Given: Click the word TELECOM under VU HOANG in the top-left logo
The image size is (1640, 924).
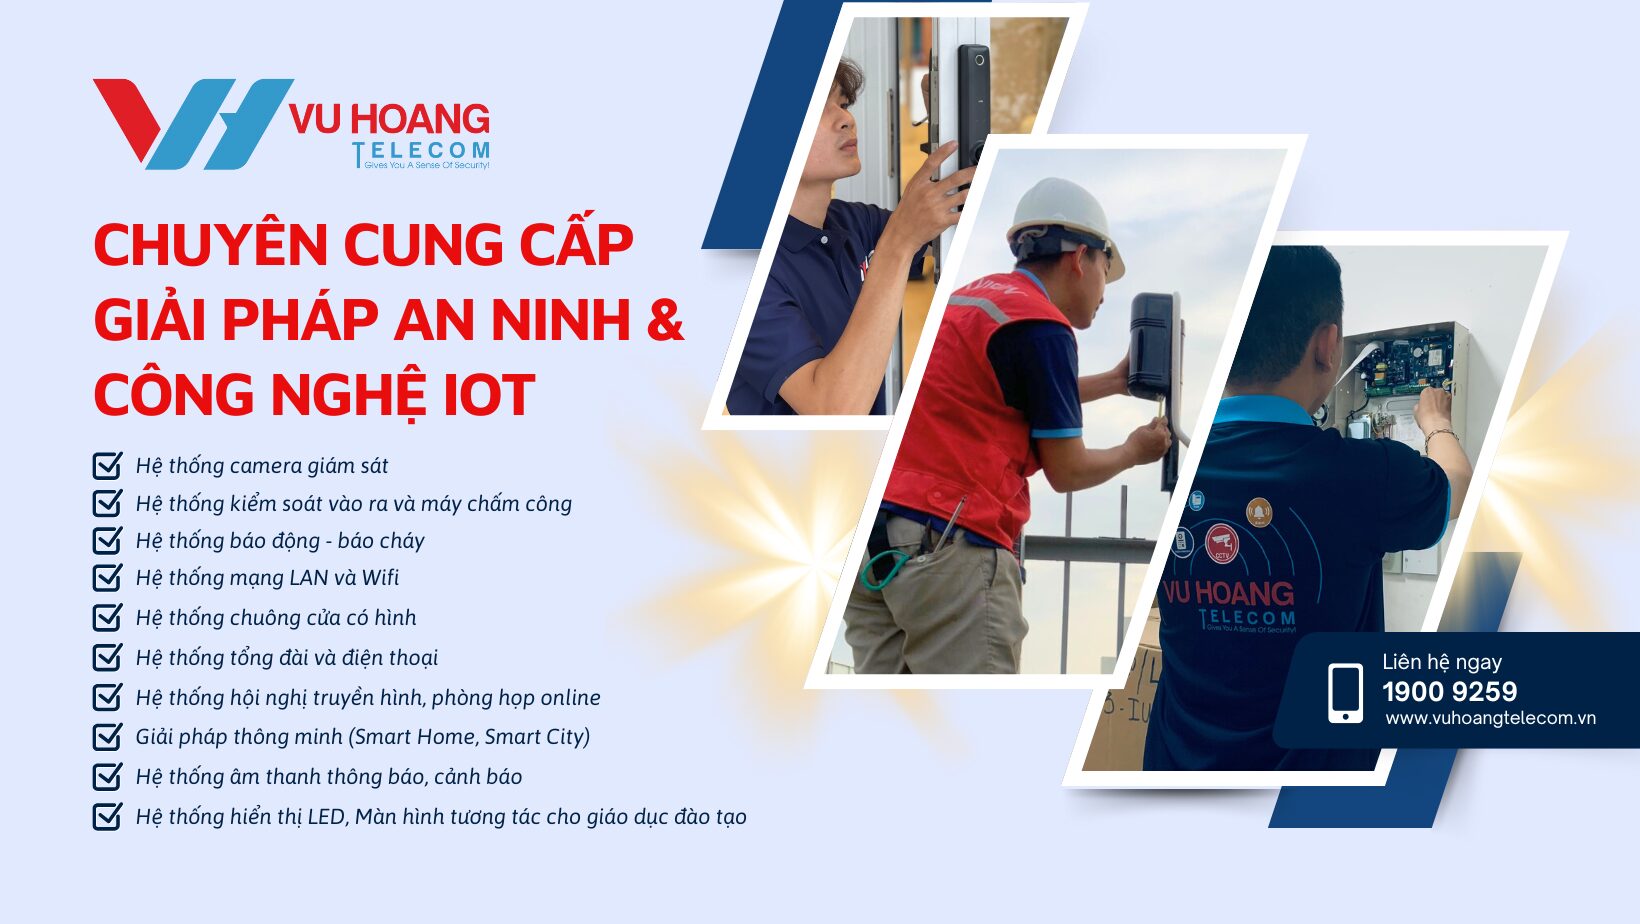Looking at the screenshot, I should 421,151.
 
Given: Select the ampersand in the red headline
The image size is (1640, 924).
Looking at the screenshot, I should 664,320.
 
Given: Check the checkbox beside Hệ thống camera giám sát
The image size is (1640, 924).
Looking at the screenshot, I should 107,466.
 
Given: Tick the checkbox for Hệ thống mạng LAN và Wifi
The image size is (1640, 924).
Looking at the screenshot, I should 107,578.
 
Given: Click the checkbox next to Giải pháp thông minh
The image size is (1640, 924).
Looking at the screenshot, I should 107,737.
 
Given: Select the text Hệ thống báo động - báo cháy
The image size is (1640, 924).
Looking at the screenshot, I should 280,541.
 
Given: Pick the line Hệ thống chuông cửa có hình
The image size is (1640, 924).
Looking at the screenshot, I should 276,618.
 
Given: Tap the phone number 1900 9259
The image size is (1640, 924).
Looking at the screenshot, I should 1449,691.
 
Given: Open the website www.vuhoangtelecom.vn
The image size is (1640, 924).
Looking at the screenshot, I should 1490,718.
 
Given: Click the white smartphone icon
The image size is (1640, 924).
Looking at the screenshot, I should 1345,692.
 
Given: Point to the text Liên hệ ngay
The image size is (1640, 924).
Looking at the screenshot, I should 1441,662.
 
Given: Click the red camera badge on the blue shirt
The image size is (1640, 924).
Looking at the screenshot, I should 1221,543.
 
